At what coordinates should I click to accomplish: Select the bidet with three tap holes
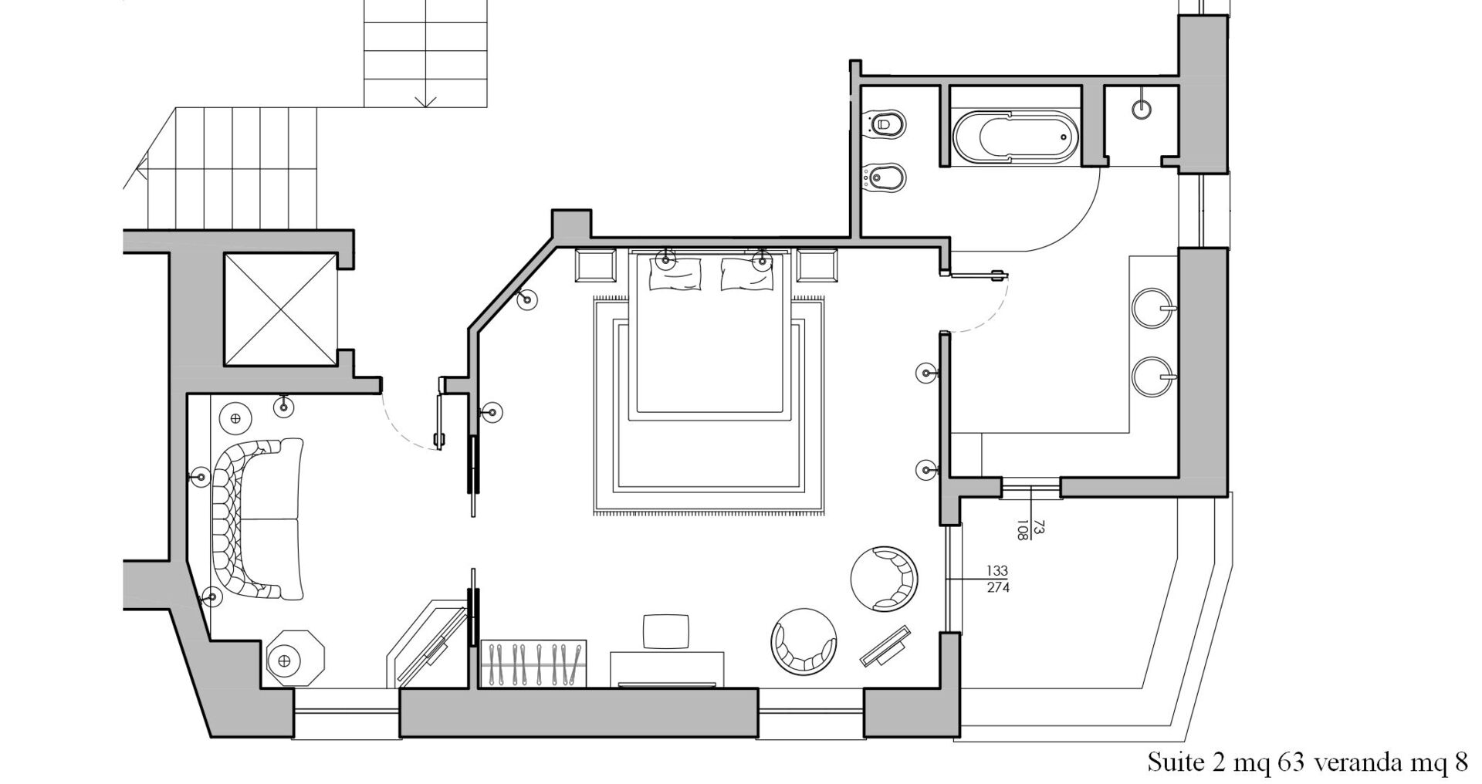[x=884, y=177]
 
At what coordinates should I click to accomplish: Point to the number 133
[x=996, y=571]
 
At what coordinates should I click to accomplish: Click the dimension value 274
[x=996, y=588]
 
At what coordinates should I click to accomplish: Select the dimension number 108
[x=1023, y=529]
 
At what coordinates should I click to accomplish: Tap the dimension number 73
[x=1039, y=527]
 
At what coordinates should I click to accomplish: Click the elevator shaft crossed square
[x=279, y=309]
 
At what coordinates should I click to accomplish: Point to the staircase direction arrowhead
[x=425, y=101]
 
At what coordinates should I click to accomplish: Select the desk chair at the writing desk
[x=667, y=632]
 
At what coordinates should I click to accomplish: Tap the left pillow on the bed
[x=675, y=274]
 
